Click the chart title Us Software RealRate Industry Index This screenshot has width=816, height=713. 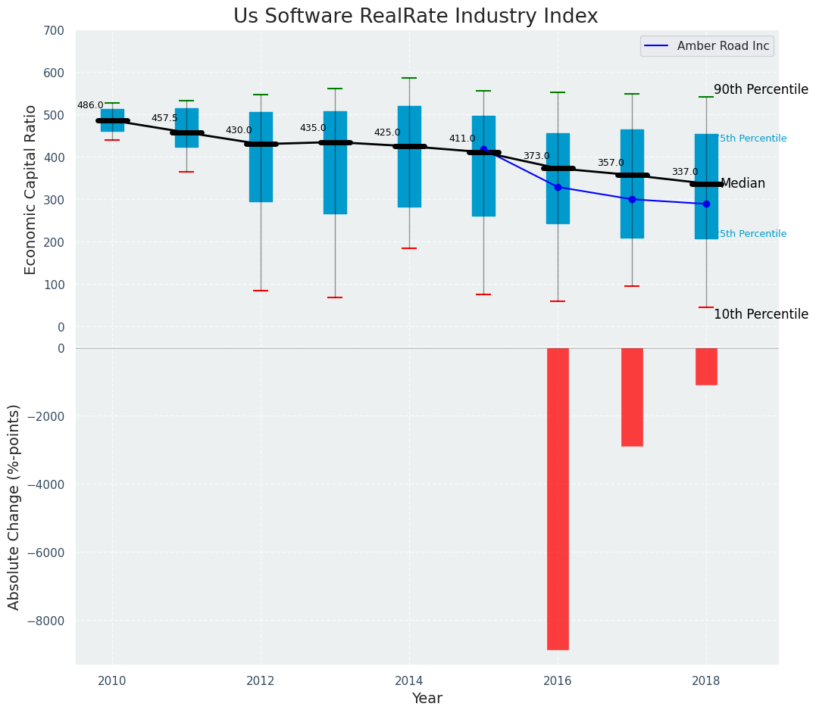[x=415, y=17]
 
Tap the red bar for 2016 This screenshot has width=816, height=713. [x=558, y=498]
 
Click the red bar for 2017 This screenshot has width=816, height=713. [x=632, y=397]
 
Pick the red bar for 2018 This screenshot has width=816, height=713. [x=706, y=366]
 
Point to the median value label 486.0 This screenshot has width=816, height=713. [x=90, y=105]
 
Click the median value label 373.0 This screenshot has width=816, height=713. [x=536, y=156]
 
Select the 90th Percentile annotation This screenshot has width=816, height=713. [x=761, y=89]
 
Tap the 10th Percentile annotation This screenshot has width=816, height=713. [x=761, y=314]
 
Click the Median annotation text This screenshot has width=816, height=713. [x=743, y=184]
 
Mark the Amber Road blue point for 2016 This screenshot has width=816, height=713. [x=558, y=187]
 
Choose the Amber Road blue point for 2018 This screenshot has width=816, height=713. [x=706, y=204]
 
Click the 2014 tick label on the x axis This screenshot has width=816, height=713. [x=409, y=679]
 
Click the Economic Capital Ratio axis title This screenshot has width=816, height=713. [x=31, y=189]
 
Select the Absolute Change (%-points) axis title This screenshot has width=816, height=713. [x=14, y=506]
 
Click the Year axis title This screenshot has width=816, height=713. [x=427, y=699]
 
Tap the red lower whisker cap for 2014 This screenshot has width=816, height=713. [x=409, y=248]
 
